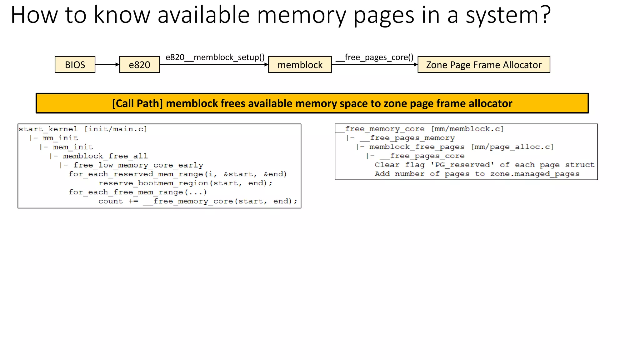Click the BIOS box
(x=75, y=65)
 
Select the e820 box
(x=139, y=65)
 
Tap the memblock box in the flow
(x=300, y=65)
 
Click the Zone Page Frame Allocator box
(x=483, y=65)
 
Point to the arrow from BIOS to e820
(x=107, y=65)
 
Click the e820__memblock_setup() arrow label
(x=215, y=57)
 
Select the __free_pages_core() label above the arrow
(x=374, y=57)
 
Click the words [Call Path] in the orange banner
(x=137, y=103)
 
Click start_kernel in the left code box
(x=48, y=129)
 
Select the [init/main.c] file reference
(x=115, y=129)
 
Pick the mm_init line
(x=60, y=138)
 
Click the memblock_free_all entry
(x=105, y=156)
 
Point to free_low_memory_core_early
(x=138, y=165)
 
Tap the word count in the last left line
(x=111, y=202)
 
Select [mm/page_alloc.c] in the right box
(x=512, y=147)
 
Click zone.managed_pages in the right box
(x=534, y=174)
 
